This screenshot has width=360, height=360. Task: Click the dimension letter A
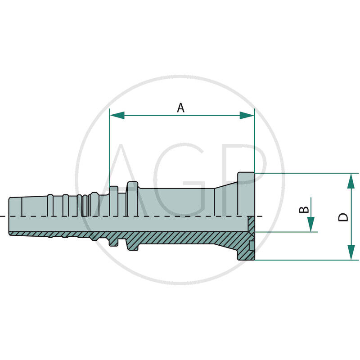click(x=180, y=108)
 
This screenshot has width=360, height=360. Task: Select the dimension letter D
click(x=343, y=216)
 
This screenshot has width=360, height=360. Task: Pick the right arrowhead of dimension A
click(x=247, y=116)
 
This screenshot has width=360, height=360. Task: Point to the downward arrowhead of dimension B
click(x=311, y=224)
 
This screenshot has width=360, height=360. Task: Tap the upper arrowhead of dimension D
click(x=351, y=180)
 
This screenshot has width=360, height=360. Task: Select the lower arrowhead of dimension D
click(x=351, y=252)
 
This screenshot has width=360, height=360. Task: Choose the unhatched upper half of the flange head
click(x=246, y=193)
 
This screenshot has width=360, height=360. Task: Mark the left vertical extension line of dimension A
click(x=110, y=148)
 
